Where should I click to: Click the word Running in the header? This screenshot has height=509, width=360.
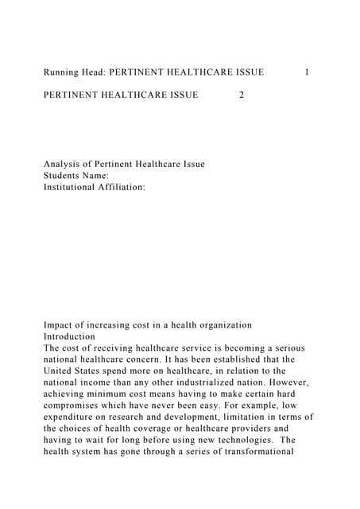[x=63, y=72]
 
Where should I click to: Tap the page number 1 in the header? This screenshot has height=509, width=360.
[x=308, y=72]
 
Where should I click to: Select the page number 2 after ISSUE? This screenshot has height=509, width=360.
[x=242, y=95]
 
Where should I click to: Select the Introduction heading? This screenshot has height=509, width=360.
[x=69, y=336]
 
